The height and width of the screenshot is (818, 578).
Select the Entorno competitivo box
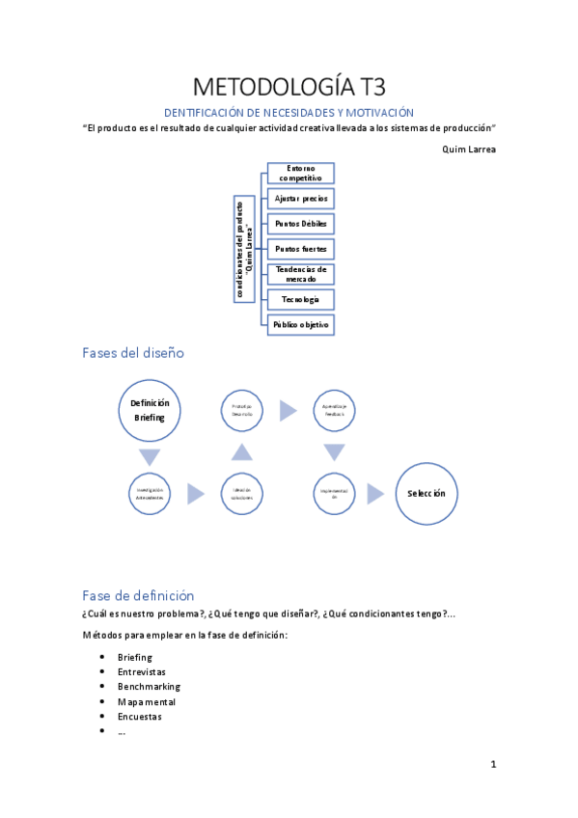(300, 173)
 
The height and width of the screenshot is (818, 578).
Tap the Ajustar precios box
(300, 198)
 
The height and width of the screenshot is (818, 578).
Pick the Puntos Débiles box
(300, 223)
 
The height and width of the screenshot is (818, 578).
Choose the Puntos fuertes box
(300, 248)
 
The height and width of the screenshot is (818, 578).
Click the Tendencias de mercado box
(300, 274)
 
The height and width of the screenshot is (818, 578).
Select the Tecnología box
(300, 299)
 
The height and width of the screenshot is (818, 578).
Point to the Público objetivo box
(300, 325)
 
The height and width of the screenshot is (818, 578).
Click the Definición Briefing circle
(150, 410)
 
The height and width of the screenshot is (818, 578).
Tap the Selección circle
(427, 493)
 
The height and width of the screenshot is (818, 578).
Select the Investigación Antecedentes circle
(150, 493)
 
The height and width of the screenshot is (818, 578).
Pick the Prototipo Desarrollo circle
(241, 410)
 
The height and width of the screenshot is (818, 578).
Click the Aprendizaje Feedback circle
(335, 410)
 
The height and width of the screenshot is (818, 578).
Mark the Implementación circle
(335, 493)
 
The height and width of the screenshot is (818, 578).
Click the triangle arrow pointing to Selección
(380, 493)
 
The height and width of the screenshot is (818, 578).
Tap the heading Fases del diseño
(132, 353)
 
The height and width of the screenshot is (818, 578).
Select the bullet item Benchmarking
(149, 687)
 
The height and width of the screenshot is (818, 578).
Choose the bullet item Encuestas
(139, 717)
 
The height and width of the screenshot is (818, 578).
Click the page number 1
(493, 765)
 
